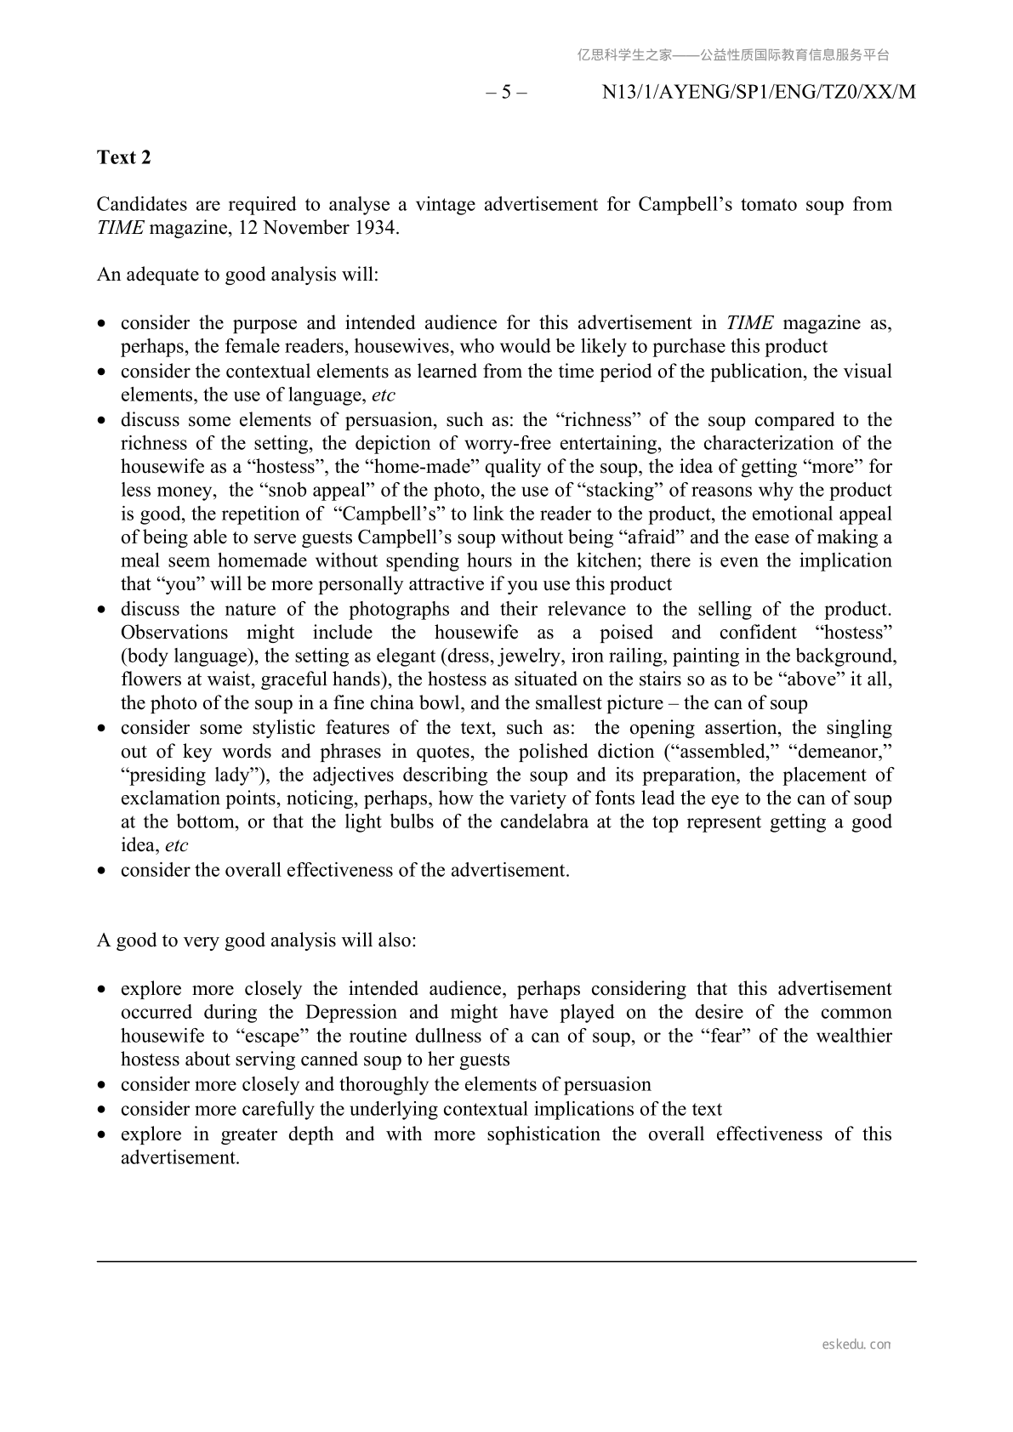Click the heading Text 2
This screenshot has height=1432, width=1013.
124,157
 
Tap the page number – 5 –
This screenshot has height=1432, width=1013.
506,92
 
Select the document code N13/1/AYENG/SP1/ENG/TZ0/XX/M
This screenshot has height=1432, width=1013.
759,92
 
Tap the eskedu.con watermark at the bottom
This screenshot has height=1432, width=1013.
856,1344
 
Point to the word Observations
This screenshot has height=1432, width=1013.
174,632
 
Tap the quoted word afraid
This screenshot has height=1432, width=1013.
619,537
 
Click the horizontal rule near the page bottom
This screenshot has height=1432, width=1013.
506,1261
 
